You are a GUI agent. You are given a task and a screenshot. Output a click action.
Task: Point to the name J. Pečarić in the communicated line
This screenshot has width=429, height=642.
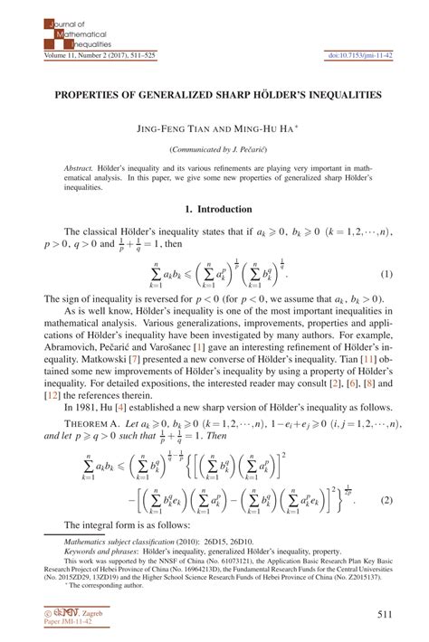click(x=238, y=149)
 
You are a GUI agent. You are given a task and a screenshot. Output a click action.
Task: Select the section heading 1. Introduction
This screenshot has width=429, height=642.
click(x=214, y=209)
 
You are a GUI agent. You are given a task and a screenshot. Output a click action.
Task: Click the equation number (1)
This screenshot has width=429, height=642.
click(x=386, y=274)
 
